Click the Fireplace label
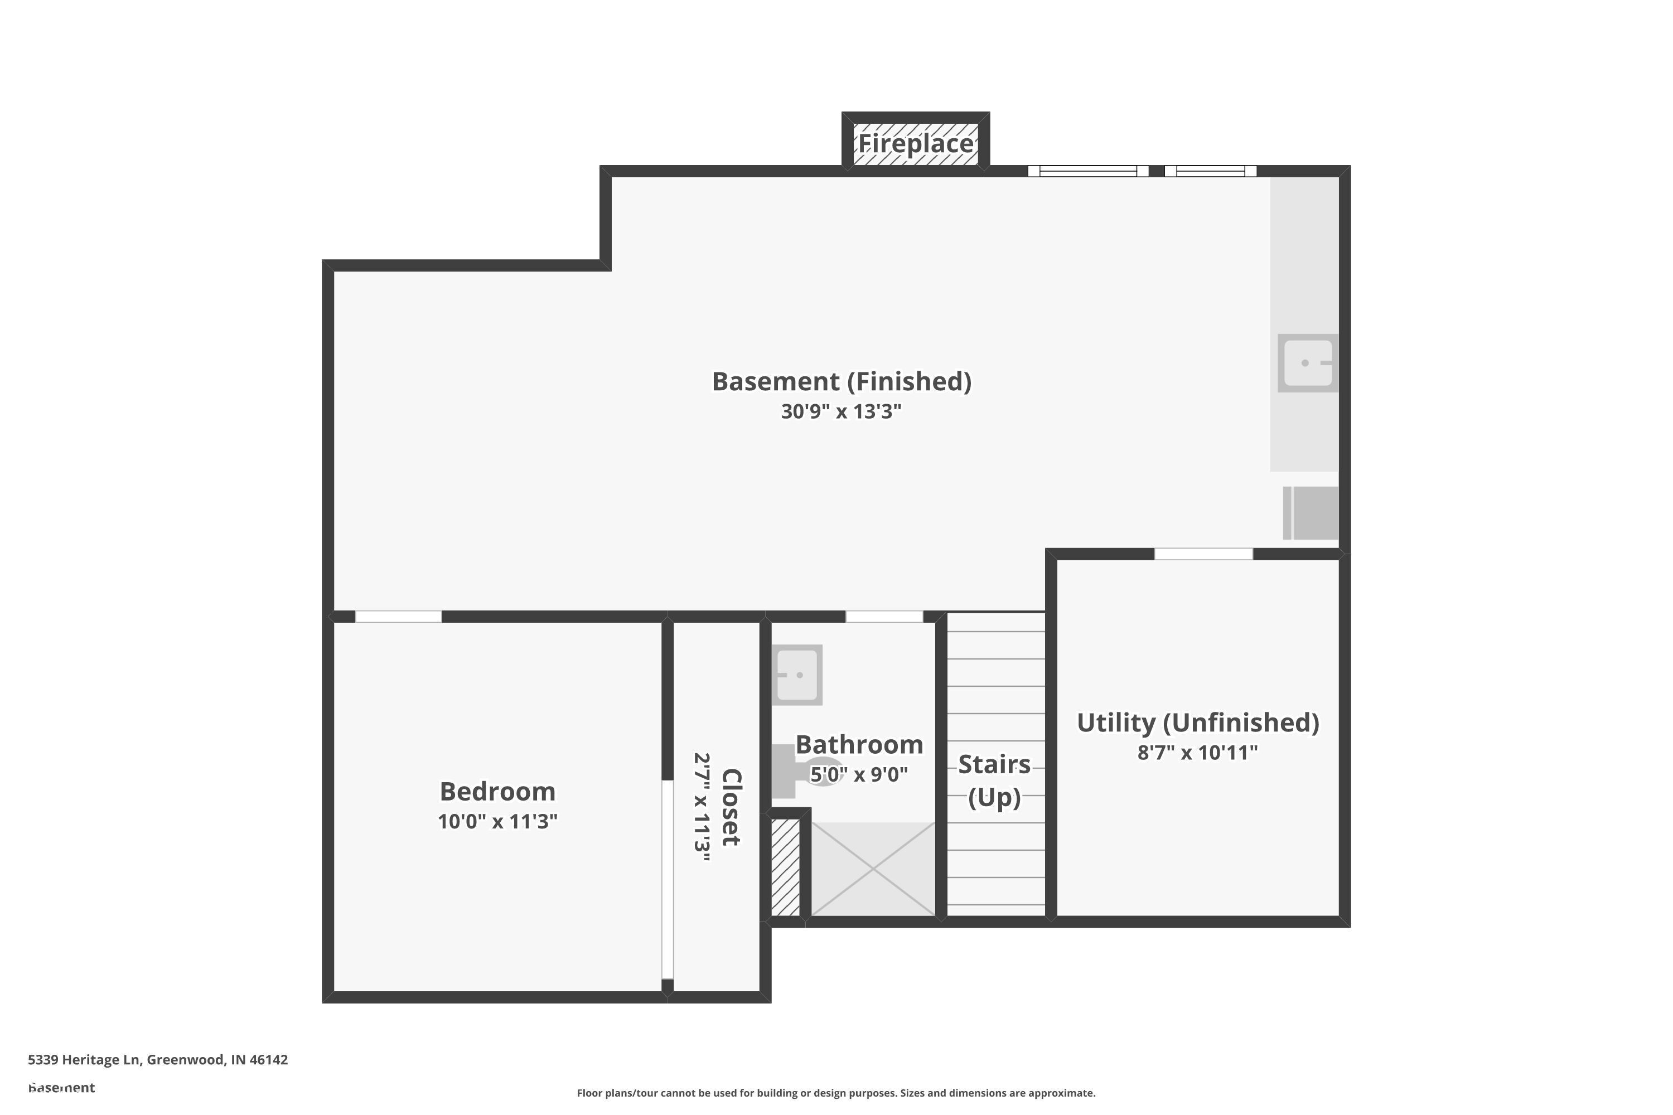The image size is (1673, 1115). coord(916,144)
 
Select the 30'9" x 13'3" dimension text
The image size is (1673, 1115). coord(841,412)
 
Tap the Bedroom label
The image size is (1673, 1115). coord(497,792)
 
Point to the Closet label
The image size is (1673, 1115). coord(731,807)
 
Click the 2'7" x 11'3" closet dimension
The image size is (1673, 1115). coord(702,807)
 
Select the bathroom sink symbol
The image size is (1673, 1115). coord(797,675)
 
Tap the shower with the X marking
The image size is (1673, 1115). coord(873,869)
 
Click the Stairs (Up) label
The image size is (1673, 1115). coord(994,780)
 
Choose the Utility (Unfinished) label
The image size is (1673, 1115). coord(1198,723)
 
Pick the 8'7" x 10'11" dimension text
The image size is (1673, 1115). coord(1198,752)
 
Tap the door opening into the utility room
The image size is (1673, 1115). coord(1203,554)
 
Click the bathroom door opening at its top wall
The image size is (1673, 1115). coord(884,617)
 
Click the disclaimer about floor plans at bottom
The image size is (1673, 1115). coord(836,1093)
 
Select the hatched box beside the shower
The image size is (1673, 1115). coord(785,867)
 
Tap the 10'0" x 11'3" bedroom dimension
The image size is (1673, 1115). coord(497,821)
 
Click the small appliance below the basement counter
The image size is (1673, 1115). coord(1311,513)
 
